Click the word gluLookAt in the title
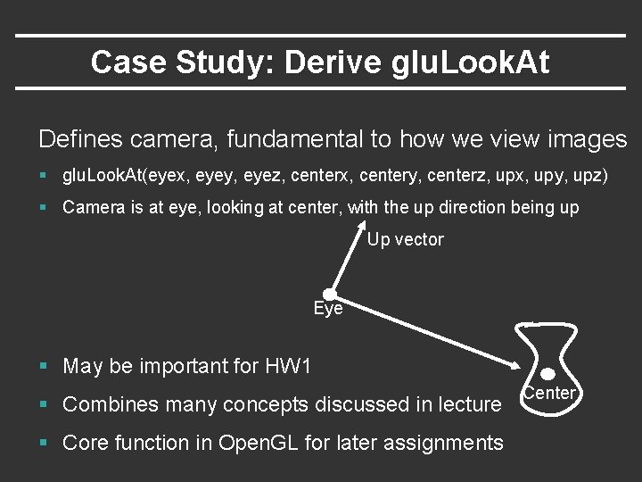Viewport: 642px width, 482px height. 469,62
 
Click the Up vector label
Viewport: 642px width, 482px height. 406,239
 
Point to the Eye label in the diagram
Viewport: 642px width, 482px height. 328,309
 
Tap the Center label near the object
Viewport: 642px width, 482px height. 549,393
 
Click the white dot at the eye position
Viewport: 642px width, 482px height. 329,294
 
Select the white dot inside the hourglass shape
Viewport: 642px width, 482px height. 548,374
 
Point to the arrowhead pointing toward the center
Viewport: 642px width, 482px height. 518,365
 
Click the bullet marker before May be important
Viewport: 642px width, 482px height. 44,366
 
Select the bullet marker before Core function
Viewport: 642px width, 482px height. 44,443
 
